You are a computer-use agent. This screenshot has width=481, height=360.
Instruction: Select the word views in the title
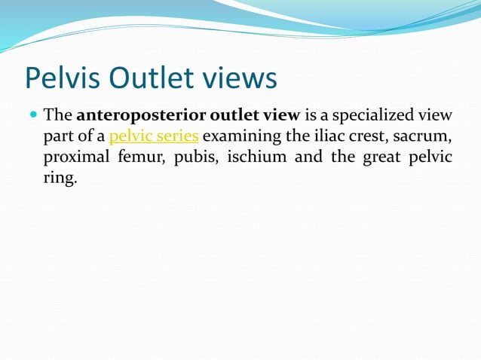(x=242, y=78)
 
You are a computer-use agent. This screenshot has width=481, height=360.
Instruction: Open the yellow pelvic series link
(x=154, y=137)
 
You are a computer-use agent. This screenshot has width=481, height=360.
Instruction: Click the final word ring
(x=60, y=179)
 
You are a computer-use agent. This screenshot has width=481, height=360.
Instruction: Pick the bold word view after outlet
(x=280, y=116)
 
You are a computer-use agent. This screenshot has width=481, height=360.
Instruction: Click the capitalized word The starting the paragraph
(x=57, y=116)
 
